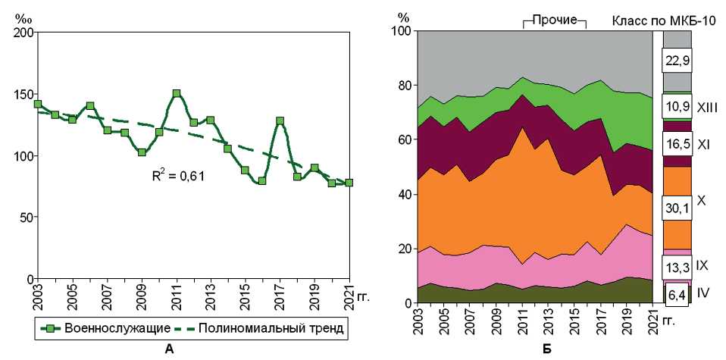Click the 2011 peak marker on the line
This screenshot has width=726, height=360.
tap(177, 94)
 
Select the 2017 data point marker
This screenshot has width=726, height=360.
tap(280, 121)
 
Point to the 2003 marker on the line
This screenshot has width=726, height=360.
tap(38, 104)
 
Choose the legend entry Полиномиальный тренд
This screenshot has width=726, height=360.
tap(274, 329)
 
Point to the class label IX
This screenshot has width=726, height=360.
tap(703, 266)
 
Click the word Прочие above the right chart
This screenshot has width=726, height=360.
tap(555, 19)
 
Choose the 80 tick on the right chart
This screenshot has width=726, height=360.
tap(402, 86)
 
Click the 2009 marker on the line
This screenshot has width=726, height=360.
tap(142, 152)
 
